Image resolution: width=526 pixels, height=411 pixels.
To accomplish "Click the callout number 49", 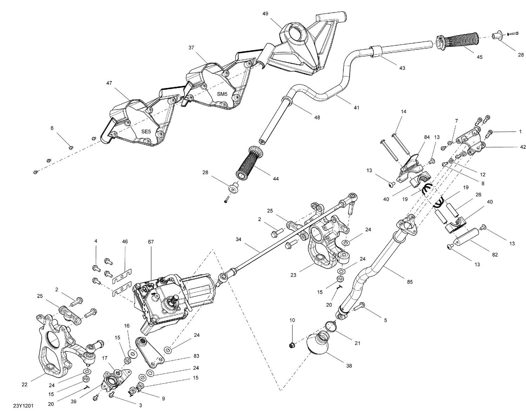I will [x=265, y=14].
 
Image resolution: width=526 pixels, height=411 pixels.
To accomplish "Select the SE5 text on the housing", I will [x=146, y=131].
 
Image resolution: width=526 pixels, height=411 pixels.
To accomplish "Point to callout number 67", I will [x=151, y=242].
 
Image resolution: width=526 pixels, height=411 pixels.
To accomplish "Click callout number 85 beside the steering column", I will [x=410, y=281].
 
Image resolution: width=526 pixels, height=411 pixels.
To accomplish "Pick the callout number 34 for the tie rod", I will [x=238, y=239].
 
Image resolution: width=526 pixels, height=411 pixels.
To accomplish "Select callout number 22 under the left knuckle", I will [x=24, y=384].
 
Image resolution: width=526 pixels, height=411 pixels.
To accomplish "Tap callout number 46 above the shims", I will [x=125, y=242].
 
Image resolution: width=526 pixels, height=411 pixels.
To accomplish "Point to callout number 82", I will [x=495, y=255].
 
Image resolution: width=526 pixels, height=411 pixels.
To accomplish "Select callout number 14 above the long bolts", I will [x=403, y=112].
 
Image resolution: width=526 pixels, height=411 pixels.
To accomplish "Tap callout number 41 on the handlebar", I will [x=356, y=108].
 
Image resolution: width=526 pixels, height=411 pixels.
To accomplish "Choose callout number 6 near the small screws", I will [x=52, y=128].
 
